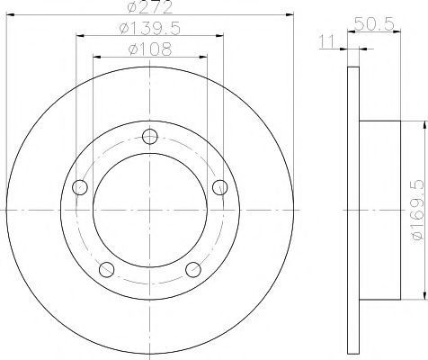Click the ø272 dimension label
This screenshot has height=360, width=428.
coord(150,7)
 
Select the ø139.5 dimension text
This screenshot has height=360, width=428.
coord(150,29)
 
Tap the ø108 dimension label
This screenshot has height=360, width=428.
coord(150,49)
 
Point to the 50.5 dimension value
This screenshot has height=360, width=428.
coord(374,23)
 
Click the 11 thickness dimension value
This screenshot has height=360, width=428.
coord(327,41)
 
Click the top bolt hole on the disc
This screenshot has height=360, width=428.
coord(150,137)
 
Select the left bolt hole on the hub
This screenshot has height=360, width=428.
coord(80,187)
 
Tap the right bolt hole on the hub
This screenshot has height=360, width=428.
coord(220,187)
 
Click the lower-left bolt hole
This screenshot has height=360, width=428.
coord(106,269)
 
